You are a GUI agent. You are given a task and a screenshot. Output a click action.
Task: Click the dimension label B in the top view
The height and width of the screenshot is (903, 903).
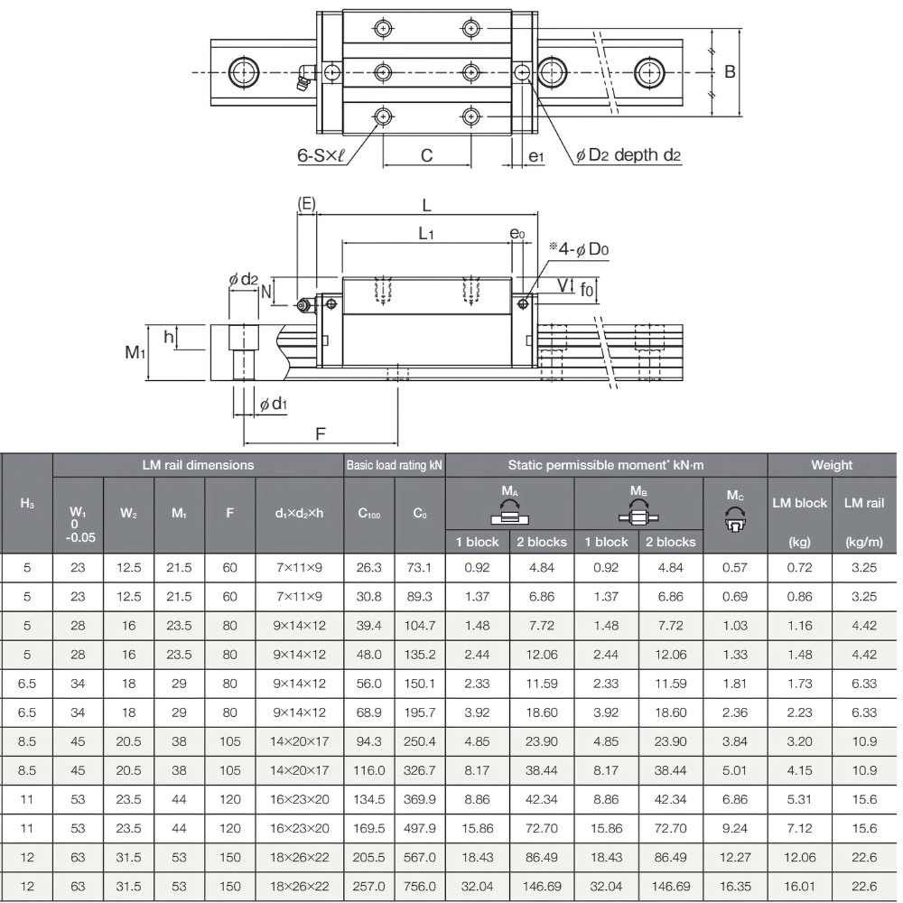point(730,72)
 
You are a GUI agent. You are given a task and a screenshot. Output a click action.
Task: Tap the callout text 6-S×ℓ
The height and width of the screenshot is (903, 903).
point(323,155)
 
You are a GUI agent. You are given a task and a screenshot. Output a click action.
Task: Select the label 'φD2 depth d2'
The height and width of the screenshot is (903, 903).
point(628,155)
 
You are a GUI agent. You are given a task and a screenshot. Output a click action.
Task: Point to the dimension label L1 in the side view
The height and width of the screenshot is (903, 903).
point(426,234)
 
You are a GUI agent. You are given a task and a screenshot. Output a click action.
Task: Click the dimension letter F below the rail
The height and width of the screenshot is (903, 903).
point(321,434)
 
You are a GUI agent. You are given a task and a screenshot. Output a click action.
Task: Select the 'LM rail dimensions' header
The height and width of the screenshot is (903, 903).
point(198,465)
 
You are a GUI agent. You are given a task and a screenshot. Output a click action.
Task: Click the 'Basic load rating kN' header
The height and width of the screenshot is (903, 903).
point(394,465)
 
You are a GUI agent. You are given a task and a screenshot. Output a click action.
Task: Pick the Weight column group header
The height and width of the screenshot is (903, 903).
point(831,465)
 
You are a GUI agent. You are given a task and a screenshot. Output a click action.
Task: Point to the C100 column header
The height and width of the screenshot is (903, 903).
point(368,514)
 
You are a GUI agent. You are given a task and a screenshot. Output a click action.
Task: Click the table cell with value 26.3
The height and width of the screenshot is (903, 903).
point(368,568)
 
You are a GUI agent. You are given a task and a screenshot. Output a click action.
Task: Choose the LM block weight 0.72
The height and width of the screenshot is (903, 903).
point(798,568)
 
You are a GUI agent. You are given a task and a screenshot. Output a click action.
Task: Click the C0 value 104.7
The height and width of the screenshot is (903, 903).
point(420,626)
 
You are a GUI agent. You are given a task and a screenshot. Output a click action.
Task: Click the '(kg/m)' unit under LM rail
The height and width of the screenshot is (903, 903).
point(864,542)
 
